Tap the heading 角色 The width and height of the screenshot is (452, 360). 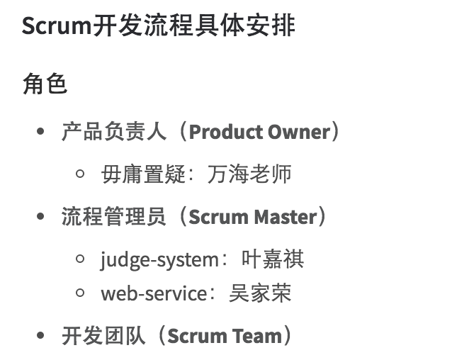(x=45, y=84)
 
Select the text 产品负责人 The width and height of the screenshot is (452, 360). (x=114, y=132)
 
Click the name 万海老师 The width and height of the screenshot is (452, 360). (x=249, y=174)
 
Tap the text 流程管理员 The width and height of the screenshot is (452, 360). (x=114, y=217)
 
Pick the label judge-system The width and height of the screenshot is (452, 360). (x=159, y=260)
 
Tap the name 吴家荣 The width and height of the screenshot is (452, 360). (x=260, y=293)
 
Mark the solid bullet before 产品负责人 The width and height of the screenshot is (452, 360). (x=41, y=133)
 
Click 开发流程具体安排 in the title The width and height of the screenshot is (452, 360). (x=195, y=26)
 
